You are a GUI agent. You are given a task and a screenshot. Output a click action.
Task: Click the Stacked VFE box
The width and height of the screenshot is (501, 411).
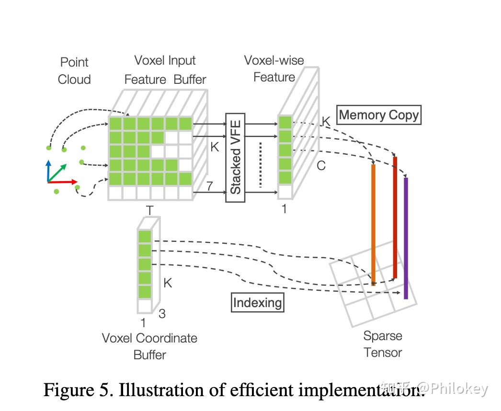point(235,158)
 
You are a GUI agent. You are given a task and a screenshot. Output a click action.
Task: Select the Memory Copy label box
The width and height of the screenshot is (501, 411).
point(378,115)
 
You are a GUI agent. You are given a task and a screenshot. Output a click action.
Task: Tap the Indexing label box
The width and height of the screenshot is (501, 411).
point(257,302)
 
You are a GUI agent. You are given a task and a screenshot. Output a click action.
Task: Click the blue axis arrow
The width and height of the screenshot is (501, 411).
point(48,170)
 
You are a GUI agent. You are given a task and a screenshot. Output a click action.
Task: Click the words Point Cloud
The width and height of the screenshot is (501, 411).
point(74,70)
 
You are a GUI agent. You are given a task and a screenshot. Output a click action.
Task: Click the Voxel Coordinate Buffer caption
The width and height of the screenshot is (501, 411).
point(149,346)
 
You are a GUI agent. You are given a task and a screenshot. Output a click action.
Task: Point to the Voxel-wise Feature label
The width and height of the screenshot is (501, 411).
point(274,68)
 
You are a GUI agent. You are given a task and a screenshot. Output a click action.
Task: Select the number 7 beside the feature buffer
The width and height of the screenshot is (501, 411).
point(209,186)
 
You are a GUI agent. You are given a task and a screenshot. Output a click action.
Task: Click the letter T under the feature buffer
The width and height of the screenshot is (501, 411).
point(150,210)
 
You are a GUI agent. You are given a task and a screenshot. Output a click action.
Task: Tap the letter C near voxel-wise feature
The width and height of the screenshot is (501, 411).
point(321,166)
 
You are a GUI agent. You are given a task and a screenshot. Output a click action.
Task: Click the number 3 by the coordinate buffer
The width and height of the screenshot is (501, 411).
point(162,314)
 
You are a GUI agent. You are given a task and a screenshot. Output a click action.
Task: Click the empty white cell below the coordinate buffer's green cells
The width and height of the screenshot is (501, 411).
point(145,306)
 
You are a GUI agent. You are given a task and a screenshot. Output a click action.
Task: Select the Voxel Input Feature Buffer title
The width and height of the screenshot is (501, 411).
point(165,70)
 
